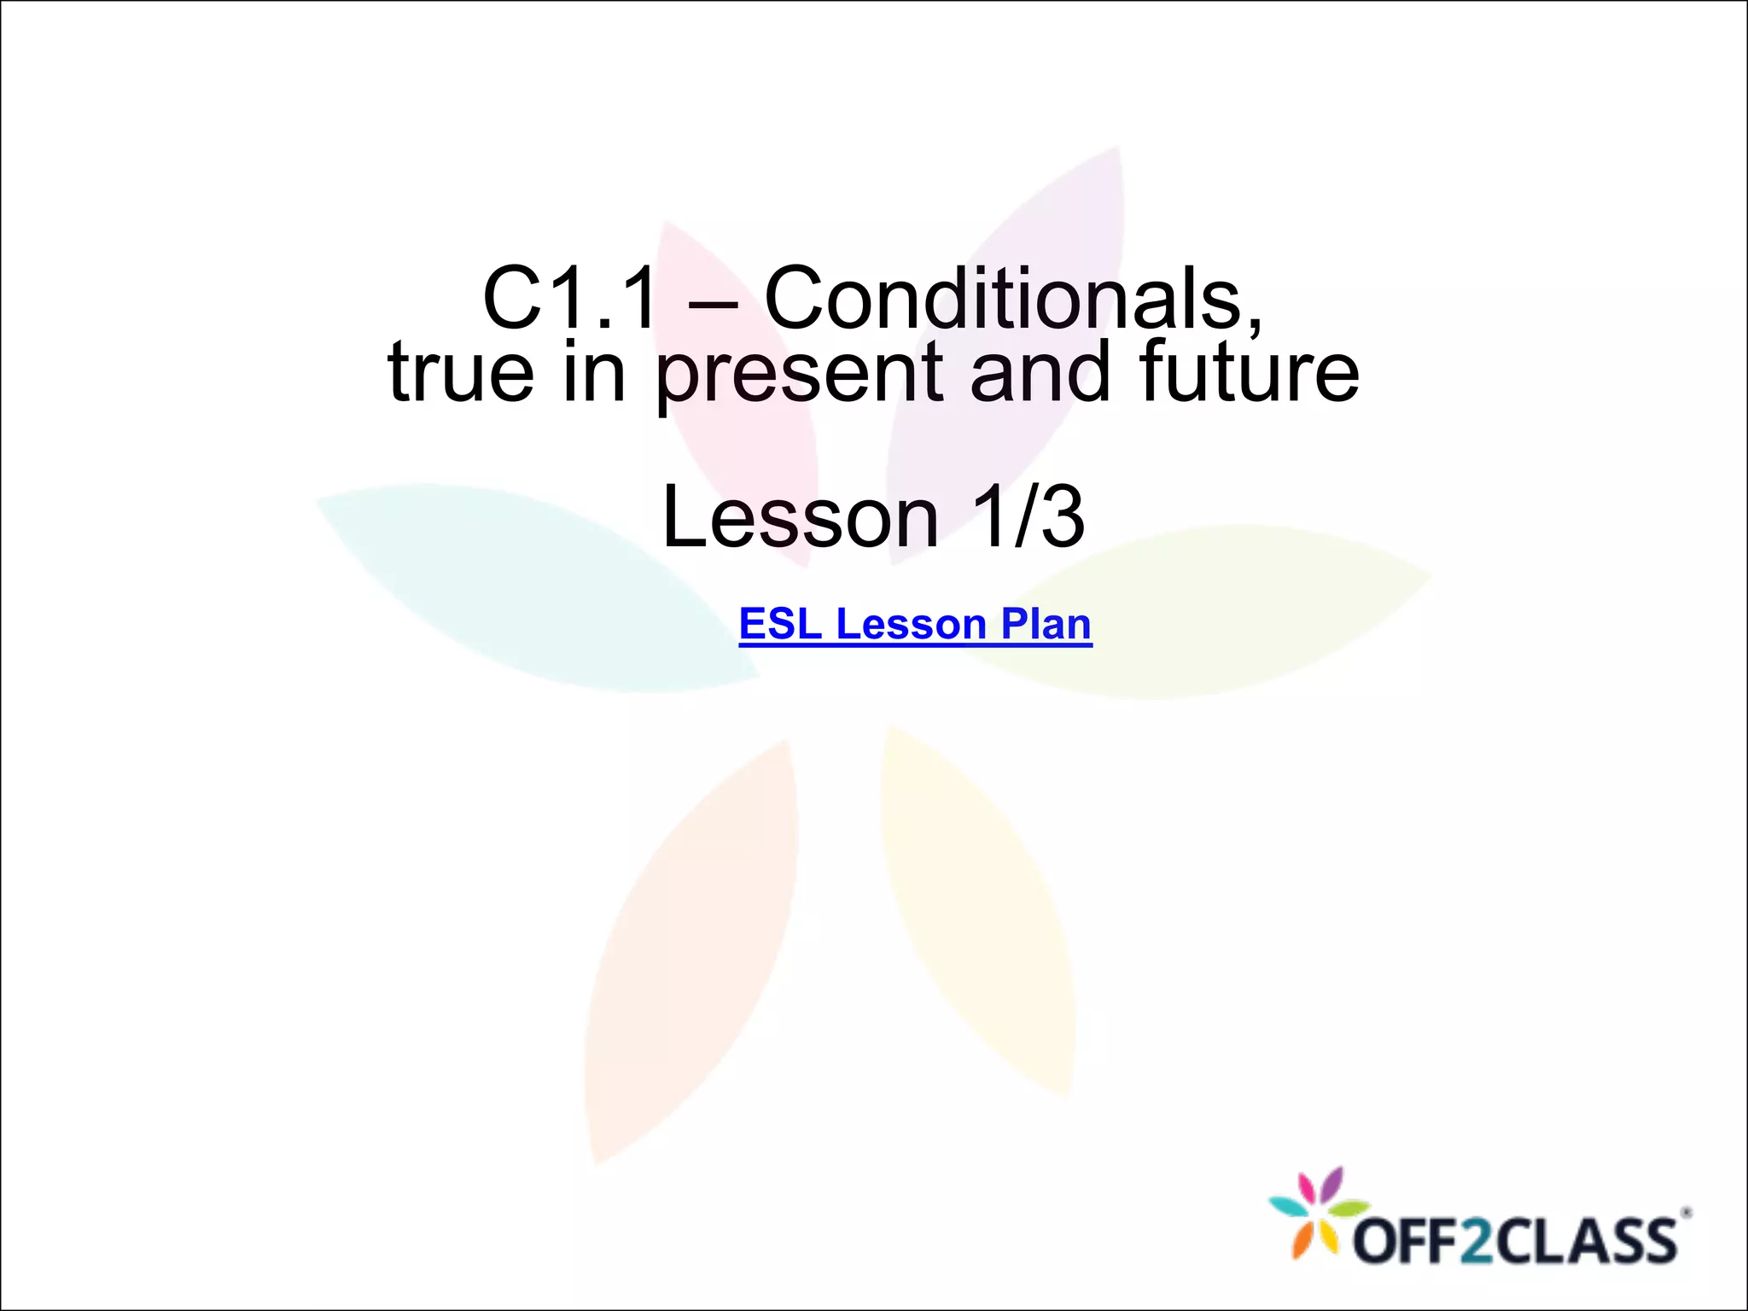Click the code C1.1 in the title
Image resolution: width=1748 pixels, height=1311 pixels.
[x=570, y=298]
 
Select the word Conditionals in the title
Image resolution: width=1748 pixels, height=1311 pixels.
[x=1013, y=298]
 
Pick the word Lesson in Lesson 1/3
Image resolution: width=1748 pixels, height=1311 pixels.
[x=800, y=516]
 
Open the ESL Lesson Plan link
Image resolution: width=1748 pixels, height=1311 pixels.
[x=915, y=624]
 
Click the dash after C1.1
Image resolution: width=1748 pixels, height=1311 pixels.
[x=711, y=300]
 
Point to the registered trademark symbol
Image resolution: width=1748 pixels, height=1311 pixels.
[x=1685, y=1212]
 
